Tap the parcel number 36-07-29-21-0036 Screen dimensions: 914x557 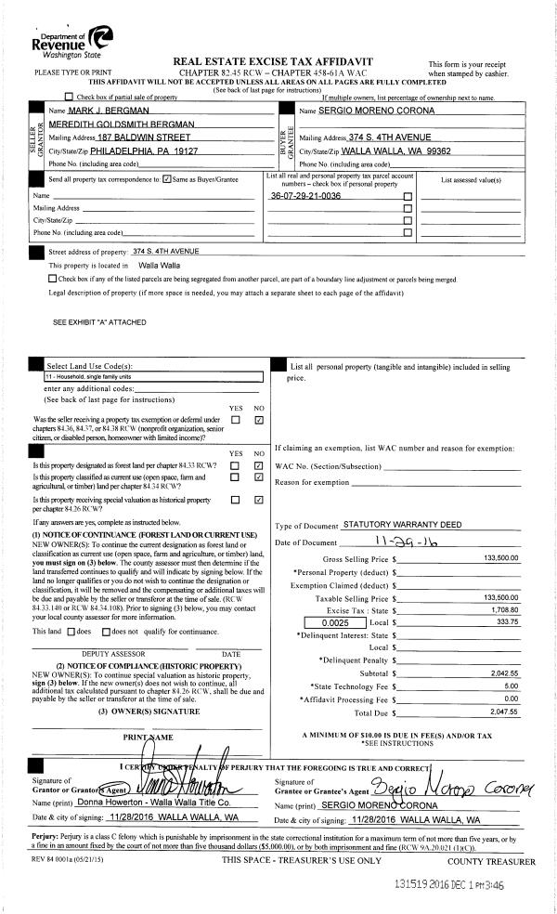tap(305, 197)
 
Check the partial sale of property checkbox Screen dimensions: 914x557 tap(69, 97)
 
